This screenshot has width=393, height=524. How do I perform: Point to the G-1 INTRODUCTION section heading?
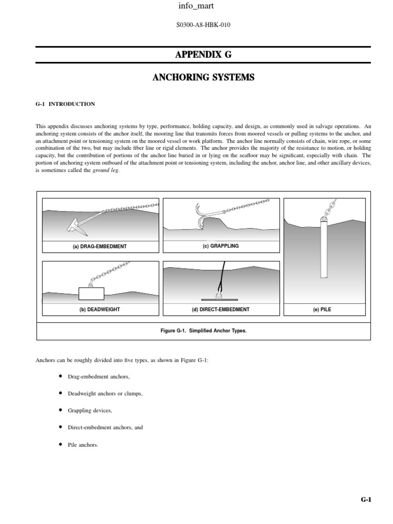[x=65, y=104]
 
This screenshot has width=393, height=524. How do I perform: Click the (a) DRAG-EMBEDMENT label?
[x=99, y=246]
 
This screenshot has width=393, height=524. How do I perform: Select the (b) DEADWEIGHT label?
[x=99, y=310]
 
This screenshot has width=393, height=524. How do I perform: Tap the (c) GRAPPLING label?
[x=221, y=246]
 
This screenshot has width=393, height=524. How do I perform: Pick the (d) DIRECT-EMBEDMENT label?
[x=221, y=310]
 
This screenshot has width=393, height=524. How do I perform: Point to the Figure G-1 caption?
[x=203, y=331]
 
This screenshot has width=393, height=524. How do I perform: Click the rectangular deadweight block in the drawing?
[x=91, y=294]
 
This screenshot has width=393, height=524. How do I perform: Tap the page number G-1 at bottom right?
[x=365, y=500]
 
